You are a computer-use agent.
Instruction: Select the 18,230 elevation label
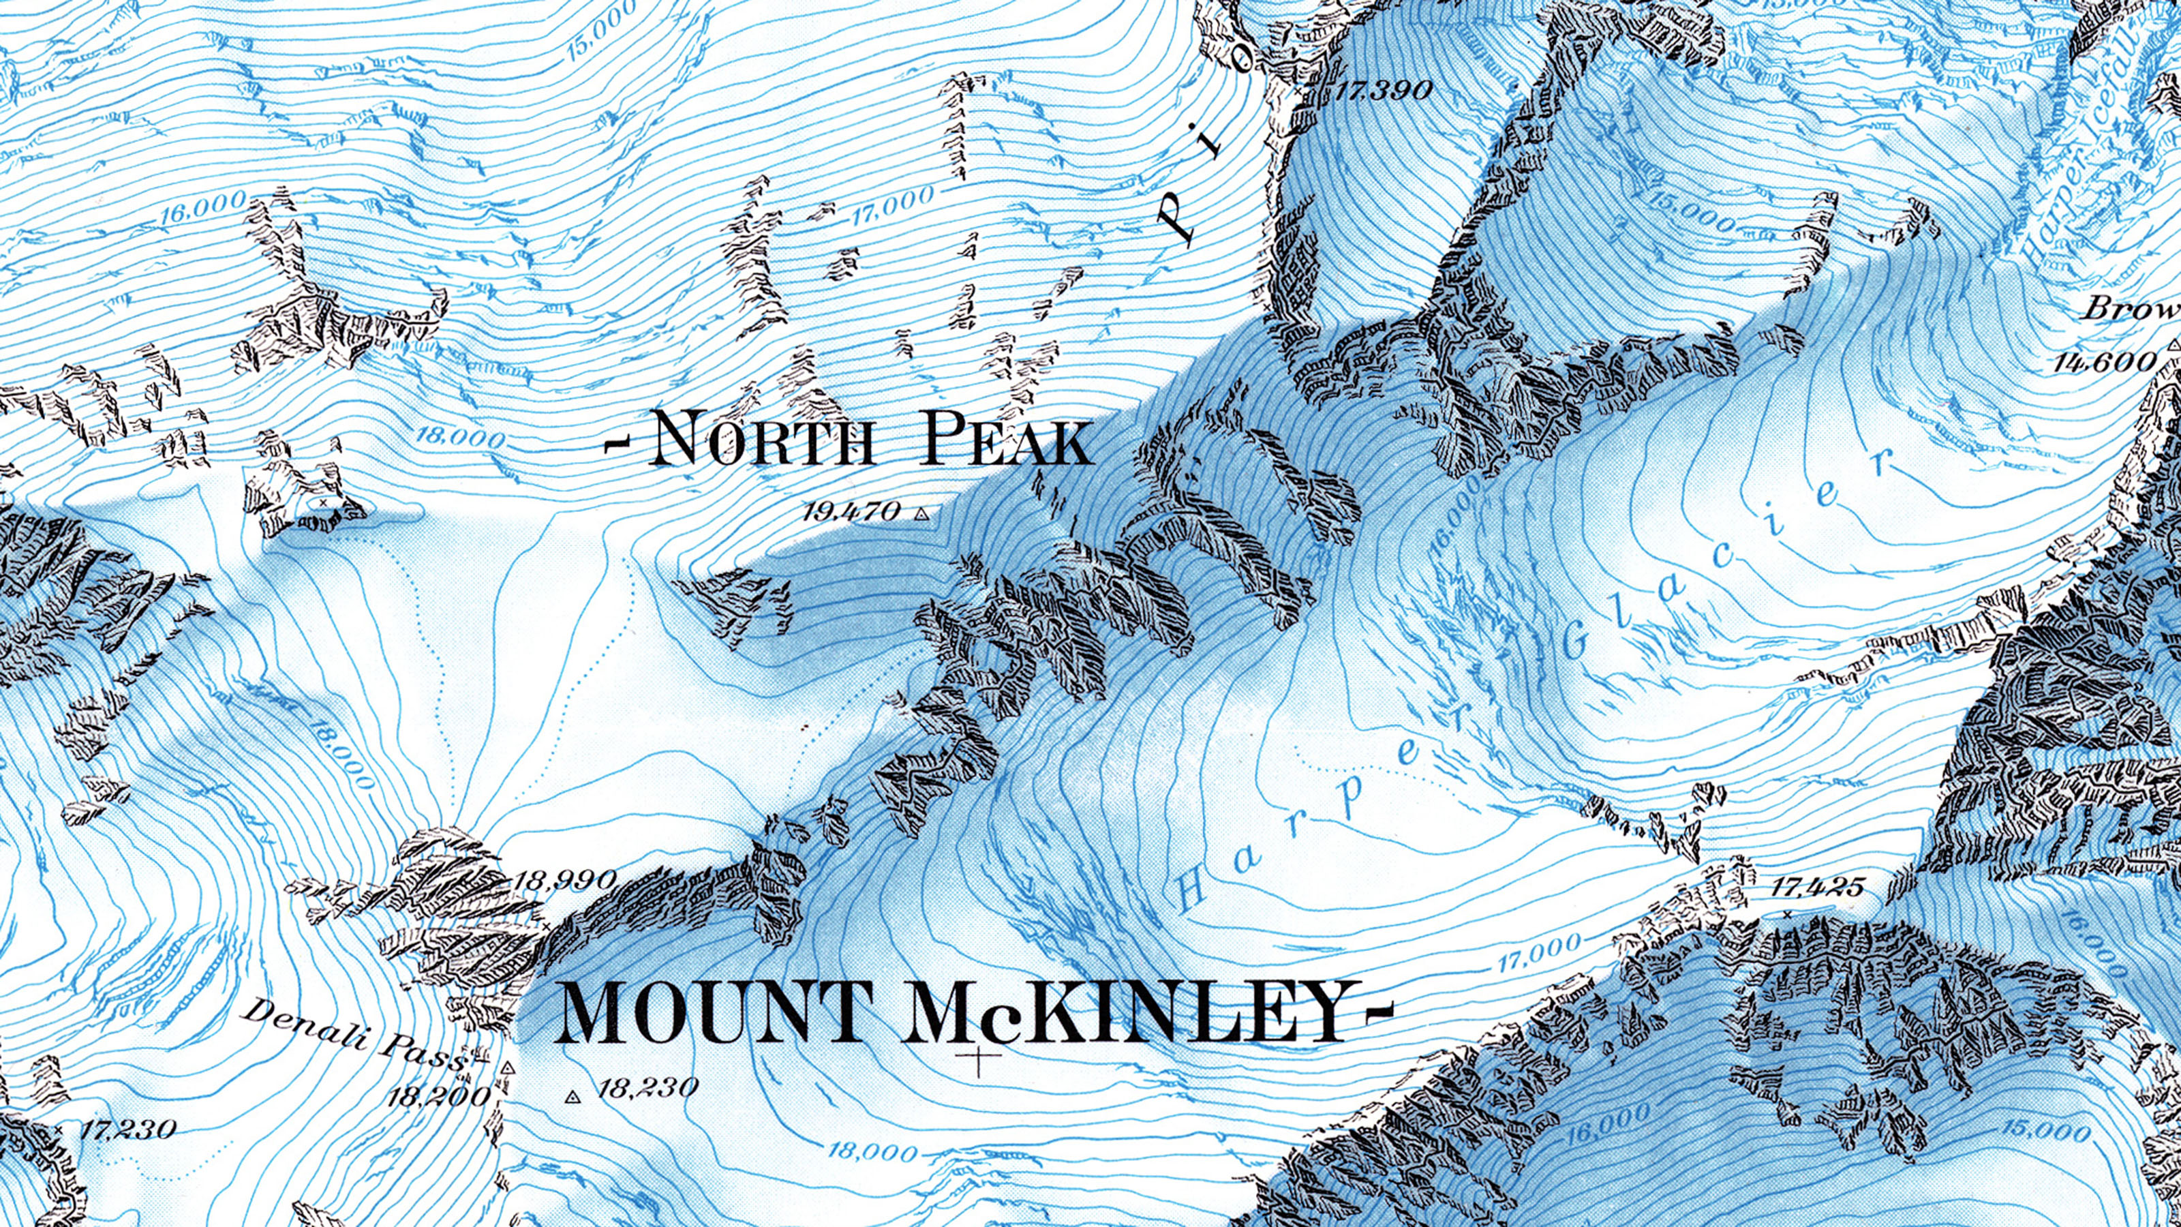647,1087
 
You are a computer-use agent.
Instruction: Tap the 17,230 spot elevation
129,1129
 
